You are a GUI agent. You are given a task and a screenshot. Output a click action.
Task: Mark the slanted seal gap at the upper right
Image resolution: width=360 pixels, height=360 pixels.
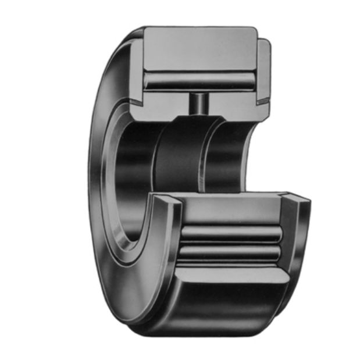point(263,100)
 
